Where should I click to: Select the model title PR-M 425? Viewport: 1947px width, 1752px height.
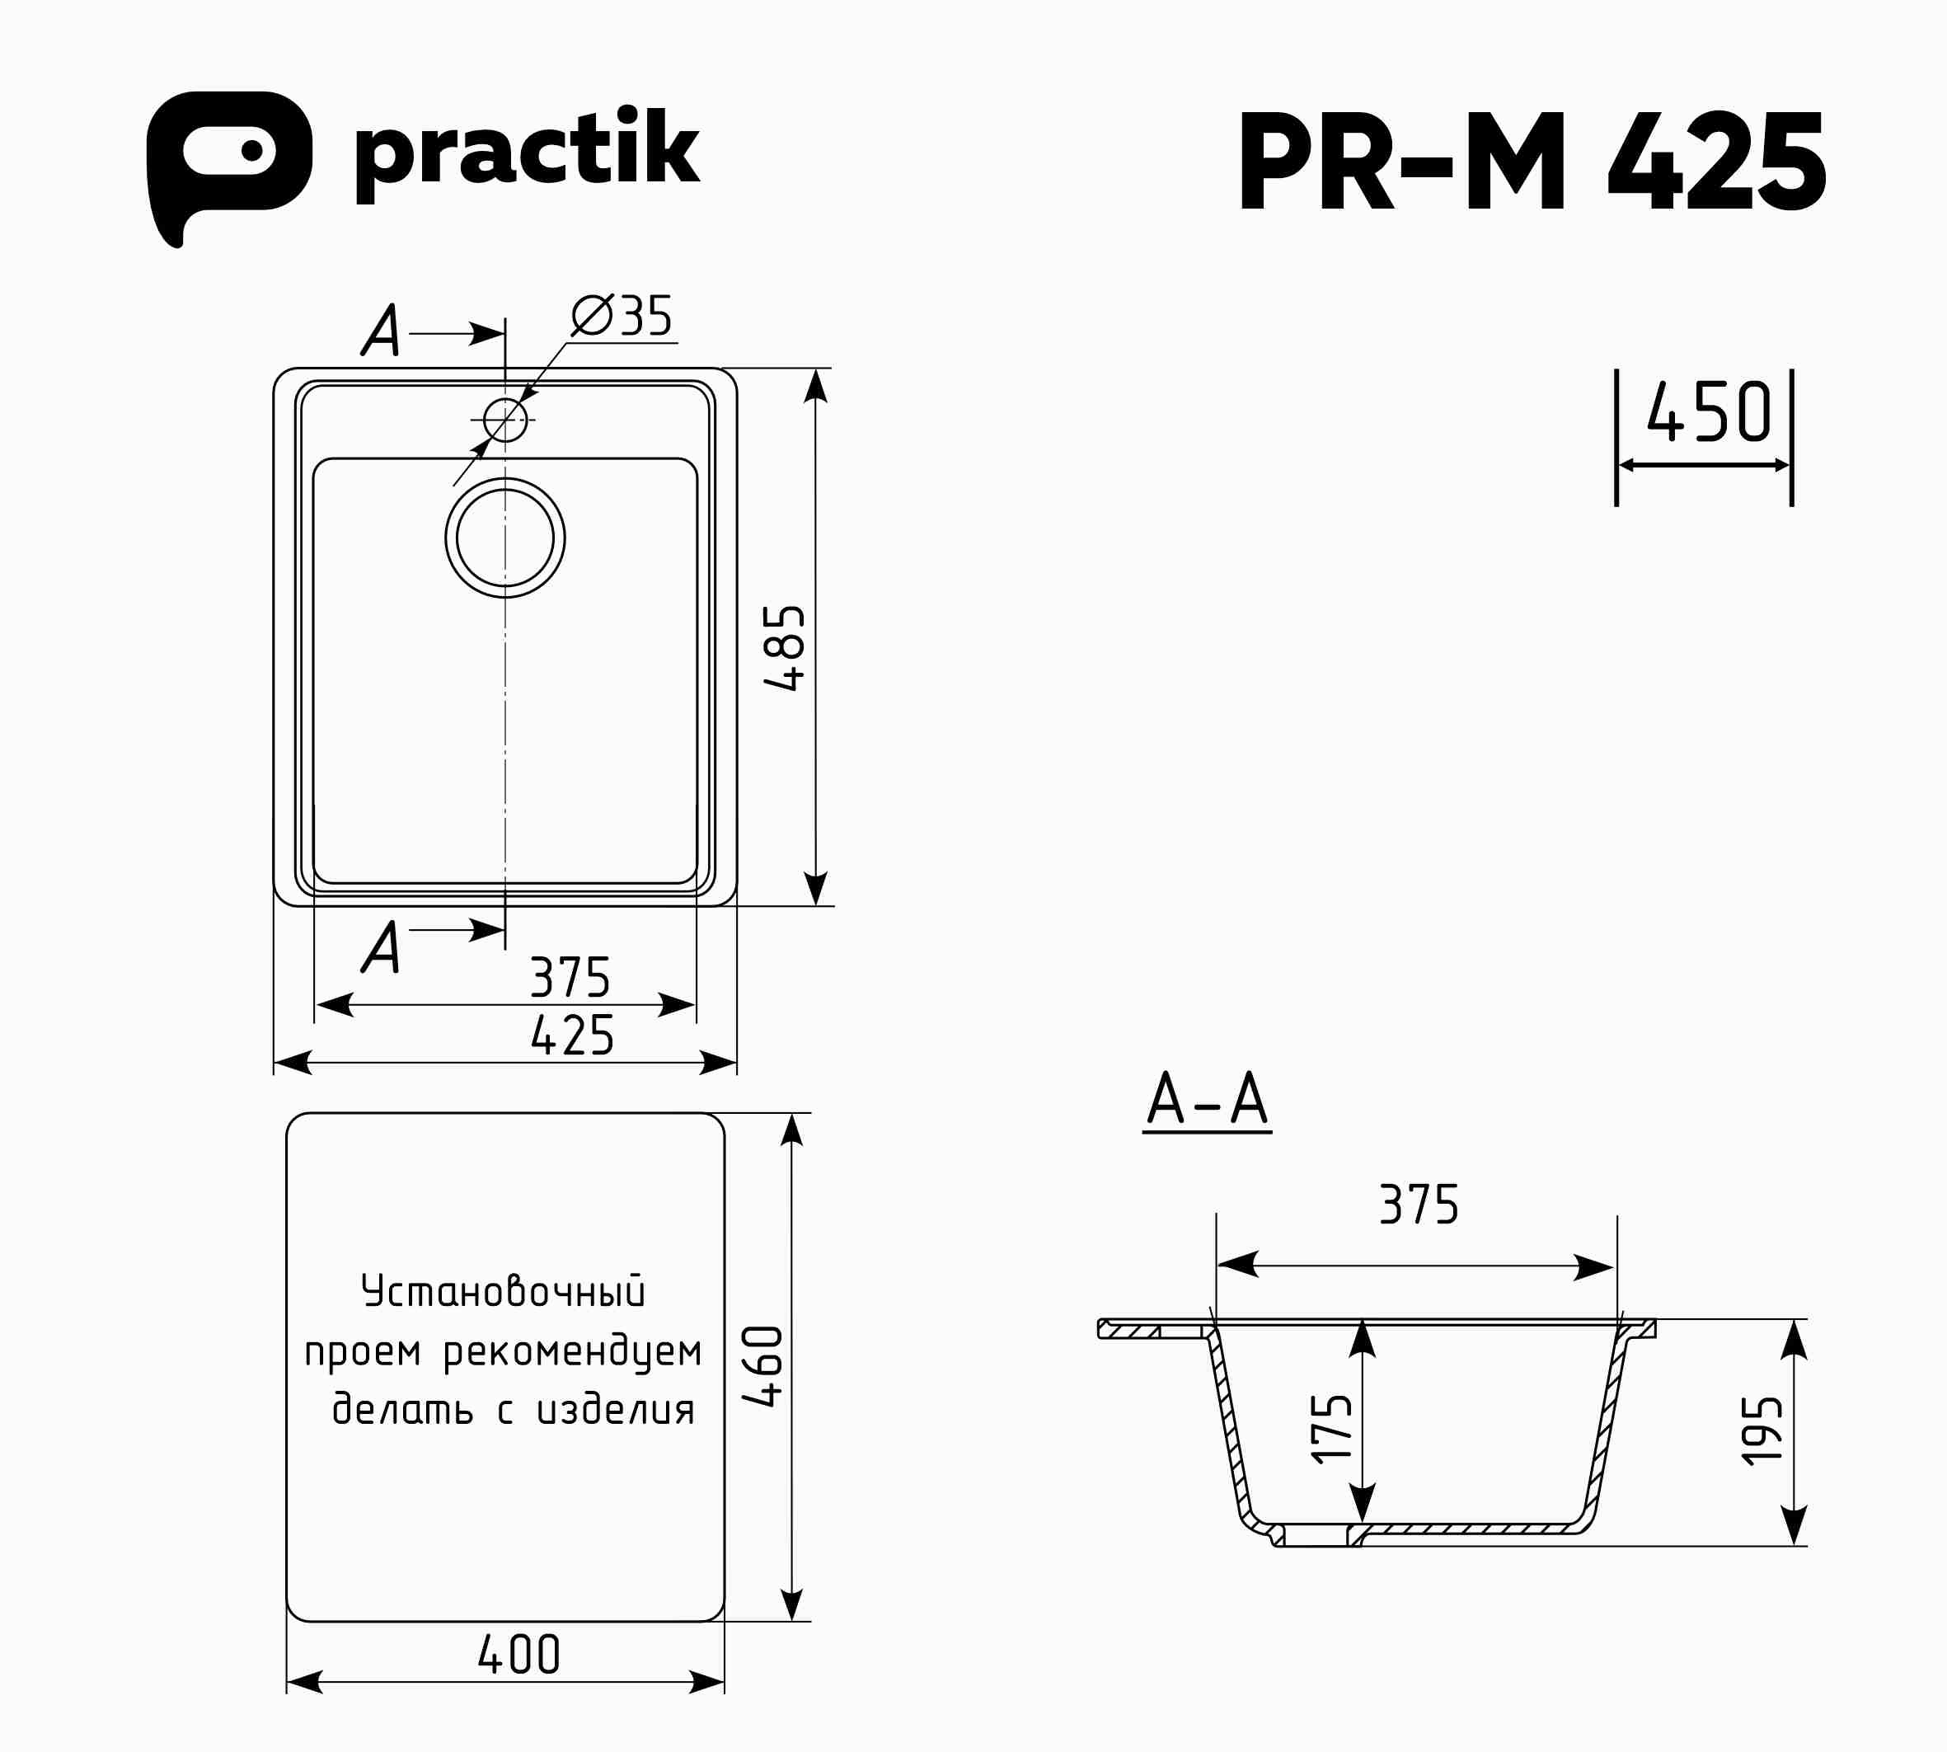(1532, 162)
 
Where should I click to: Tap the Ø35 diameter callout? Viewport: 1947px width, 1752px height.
(622, 316)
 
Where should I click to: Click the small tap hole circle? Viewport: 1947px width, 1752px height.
(505, 420)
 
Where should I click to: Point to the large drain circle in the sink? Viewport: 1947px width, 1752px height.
(505, 478)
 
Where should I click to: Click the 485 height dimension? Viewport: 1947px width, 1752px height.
(785, 647)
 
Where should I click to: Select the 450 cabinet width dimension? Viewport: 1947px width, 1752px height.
(1708, 412)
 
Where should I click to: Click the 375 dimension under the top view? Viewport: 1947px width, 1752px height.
(570, 977)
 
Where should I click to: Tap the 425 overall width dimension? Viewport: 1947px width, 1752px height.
(572, 1035)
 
